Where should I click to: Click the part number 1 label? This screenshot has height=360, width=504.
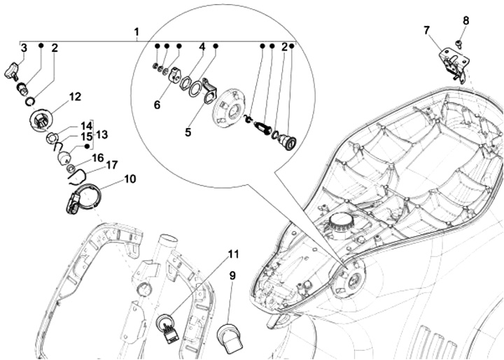(136, 32)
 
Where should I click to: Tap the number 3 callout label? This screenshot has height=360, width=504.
(24, 48)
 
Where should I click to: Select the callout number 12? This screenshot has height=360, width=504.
(75, 97)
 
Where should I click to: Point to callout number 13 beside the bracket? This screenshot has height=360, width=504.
(101, 134)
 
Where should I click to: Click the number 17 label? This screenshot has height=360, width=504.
(111, 165)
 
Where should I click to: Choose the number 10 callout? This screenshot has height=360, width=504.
(130, 179)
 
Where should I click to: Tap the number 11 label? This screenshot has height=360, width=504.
(234, 254)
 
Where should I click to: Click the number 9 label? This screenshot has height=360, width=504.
(232, 276)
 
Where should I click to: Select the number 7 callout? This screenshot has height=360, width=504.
(426, 31)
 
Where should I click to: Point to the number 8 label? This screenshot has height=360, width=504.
(465, 20)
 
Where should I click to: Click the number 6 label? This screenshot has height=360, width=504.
(157, 105)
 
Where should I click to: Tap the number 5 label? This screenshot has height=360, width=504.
(188, 132)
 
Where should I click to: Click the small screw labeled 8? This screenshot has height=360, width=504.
(458, 43)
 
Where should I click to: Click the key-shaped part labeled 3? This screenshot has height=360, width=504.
(12, 71)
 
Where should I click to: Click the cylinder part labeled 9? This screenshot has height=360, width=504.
(230, 338)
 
